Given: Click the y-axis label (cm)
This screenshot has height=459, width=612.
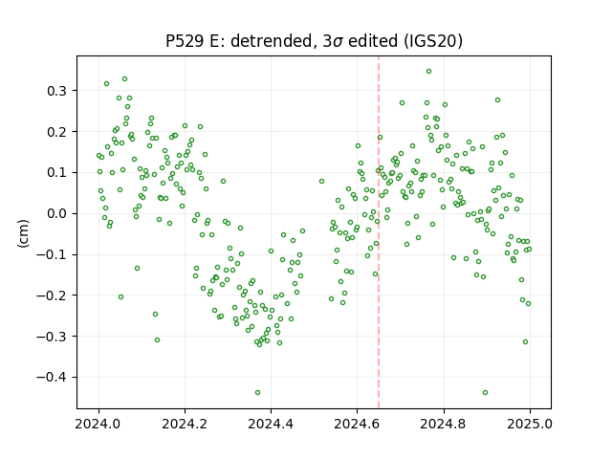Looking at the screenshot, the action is tap(23, 233).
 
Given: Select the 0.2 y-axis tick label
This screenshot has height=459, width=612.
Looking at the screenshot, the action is tap(57, 132).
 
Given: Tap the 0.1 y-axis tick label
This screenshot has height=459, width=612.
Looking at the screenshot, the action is tap(57, 172).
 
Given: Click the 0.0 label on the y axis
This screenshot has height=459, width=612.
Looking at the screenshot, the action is tap(57, 214).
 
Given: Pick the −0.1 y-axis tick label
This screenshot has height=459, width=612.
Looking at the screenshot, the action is tap(52, 255).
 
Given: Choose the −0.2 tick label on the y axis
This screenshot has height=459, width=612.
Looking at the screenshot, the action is tap(52, 295).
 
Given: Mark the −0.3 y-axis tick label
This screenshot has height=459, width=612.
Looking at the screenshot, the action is tap(52, 337).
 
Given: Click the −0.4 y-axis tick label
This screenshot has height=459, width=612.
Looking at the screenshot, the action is tap(52, 378).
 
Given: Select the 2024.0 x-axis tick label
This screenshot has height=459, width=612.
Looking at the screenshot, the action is tap(98, 424).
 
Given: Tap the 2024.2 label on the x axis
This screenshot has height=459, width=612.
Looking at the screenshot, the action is tap(185, 424).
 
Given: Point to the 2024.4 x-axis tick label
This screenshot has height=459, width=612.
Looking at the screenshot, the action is tap(271, 424).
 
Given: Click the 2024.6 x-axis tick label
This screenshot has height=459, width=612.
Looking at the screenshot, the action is tap(357, 424).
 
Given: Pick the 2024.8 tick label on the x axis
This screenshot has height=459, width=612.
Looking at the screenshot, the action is tap(444, 424).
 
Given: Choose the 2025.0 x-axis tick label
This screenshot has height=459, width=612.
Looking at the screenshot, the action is tap(530, 424).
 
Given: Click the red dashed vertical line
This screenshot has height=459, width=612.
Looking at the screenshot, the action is tap(379, 232).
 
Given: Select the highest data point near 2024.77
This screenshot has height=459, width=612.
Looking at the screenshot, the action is tap(428, 72).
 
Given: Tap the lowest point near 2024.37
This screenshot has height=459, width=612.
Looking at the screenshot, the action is tap(257, 393).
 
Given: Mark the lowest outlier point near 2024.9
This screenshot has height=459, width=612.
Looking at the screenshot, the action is tap(485, 393).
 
